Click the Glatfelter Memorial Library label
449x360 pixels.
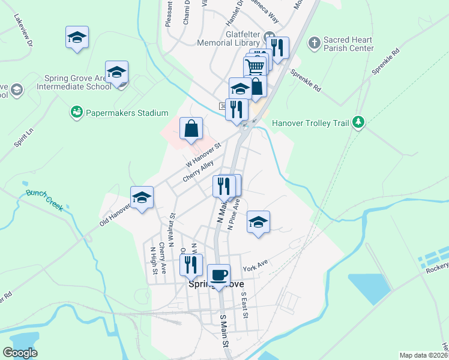[x=241, y=46]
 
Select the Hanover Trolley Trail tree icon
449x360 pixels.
[x=358, y=122]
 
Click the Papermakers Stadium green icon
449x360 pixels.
[x=76, y=112]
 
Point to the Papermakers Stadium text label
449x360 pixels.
[x=127, y=112]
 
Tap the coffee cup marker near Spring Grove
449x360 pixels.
[x=219, y=277]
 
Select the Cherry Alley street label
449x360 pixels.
[x=199, y=170]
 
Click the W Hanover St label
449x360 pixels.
[x=203, y=154]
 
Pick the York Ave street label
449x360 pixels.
[x=255, y=265]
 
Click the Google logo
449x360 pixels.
[x=20, y=353]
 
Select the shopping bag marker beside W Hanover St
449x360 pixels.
[x=191, y=129]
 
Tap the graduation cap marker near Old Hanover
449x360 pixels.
[x=142, y=199]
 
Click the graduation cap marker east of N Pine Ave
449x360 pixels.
[x=258, y=223]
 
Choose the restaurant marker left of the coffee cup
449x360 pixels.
[x=191, y=265]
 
